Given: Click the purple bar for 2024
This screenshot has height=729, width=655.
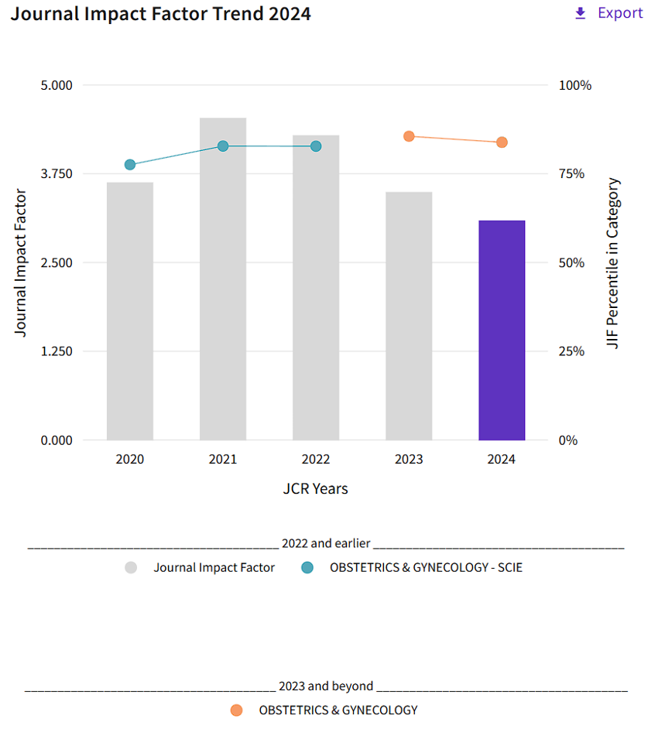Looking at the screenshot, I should [x=502, y=330].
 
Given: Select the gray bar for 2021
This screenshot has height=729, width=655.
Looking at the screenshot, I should [x=223, y=279].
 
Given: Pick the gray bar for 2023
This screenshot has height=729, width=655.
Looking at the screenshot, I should [x=409, y=316].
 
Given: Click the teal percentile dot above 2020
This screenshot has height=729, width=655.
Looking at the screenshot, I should [x=130, y=165].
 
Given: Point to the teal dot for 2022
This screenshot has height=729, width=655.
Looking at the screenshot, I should [x=316, y=146].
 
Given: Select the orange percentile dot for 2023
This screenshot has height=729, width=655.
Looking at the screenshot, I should [x=409, y=136].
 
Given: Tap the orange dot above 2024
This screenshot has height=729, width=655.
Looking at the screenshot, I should [x=502, y=142].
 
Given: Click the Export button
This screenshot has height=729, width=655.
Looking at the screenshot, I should [x=609, y=13].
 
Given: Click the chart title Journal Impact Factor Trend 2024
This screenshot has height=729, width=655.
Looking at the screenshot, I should [x=161, y=14].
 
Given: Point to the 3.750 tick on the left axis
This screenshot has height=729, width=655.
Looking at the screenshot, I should [x=56, y=173].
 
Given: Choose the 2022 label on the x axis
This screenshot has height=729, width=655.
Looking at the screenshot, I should [x=316, y=459].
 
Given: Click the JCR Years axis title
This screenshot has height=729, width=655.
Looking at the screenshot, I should [x=315, y=488].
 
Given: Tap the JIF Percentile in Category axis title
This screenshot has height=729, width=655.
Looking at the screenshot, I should [x=613, y=263].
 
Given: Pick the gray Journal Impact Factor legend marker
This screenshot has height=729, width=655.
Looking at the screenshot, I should [x=131, y=567].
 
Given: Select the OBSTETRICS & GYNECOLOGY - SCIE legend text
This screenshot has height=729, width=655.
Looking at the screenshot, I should [x=426, y=567].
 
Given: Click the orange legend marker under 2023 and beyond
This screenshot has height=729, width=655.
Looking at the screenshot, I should [x=237, y=710].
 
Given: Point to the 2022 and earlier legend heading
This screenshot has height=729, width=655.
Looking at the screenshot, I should [x=326, y=543].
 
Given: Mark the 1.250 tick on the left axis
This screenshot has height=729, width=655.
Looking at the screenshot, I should [x=56, y=351].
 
